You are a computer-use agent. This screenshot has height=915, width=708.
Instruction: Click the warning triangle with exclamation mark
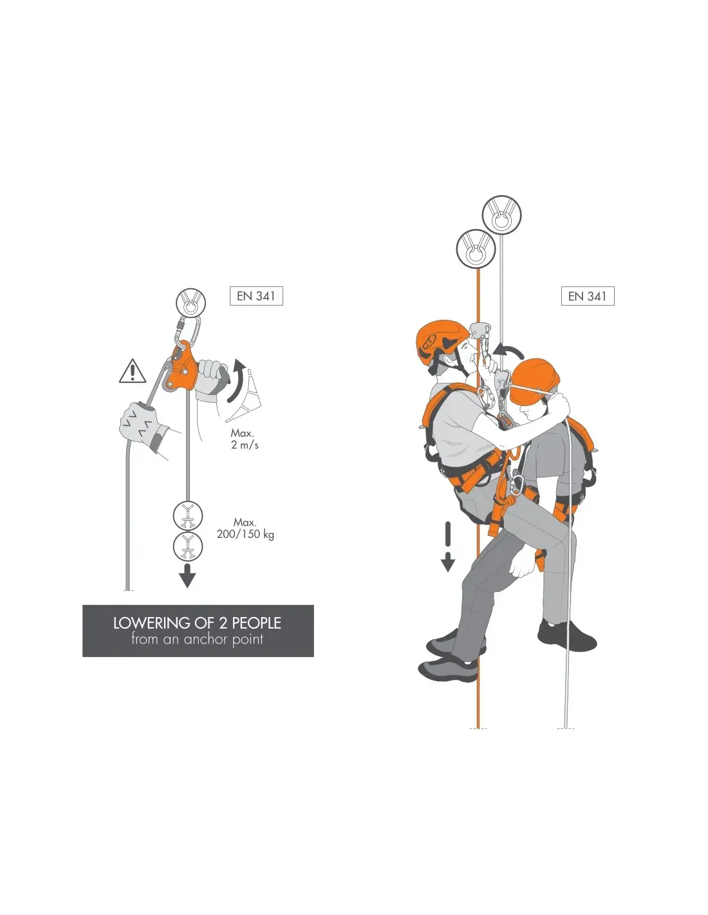pyautogui.click(x=132, y=371)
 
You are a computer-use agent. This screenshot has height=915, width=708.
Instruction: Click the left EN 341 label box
pyautogui.click(x=256, y=296)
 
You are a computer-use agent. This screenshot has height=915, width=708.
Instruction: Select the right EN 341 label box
pyautogui.click(x=588, y=296)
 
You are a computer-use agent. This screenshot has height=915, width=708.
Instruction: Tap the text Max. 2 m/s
pyautogui.click(x=245, y=439)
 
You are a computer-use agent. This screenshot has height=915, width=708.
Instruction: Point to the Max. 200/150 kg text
pyautogui.click(x=245, y=528)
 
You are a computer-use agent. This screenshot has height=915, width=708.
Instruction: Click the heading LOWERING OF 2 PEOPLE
pyautogui.click(x=197, y=624)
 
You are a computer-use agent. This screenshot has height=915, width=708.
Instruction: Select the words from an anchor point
pyautogui.click(x=197, y=640)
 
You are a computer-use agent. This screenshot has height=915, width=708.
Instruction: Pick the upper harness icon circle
pyautogui.click(x=188, y=515)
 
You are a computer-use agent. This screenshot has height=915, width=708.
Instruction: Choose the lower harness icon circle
pyautogui.click(x=188, y=546)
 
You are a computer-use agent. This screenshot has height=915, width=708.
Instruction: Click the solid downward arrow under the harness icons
pyautogui.click(x=188, y=576)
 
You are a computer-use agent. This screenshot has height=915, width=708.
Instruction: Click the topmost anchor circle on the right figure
pyautogui.click(x=501, y=215)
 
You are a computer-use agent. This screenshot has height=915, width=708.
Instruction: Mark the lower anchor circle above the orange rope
pyautogui.click(x=476, y=249)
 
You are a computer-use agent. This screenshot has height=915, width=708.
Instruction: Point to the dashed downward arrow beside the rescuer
pyautogui.click(x=448, y=546)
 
